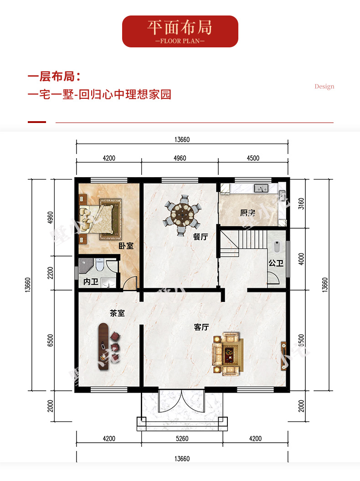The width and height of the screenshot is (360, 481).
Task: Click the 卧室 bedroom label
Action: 126,246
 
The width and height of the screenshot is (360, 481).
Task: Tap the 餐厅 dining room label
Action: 201,236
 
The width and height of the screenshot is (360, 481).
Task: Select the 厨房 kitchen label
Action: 248,213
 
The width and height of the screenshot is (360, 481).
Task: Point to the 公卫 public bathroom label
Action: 276,263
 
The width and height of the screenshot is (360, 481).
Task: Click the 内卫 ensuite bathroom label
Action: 91,281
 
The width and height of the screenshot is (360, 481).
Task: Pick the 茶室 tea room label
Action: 117,313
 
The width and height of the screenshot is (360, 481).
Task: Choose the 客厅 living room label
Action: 201,327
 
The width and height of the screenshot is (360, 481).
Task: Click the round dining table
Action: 182,214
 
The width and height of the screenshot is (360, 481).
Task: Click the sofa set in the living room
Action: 227,354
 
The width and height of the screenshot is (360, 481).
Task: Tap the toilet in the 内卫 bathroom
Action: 99,265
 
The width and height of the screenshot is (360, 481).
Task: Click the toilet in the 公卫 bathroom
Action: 277,247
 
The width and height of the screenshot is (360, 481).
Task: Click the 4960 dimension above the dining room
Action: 180,159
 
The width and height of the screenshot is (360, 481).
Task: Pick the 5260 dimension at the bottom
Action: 182,439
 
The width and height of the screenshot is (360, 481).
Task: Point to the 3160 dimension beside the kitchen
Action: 301,204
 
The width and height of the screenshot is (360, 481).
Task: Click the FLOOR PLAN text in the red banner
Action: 180,41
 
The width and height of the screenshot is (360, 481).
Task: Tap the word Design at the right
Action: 324,87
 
